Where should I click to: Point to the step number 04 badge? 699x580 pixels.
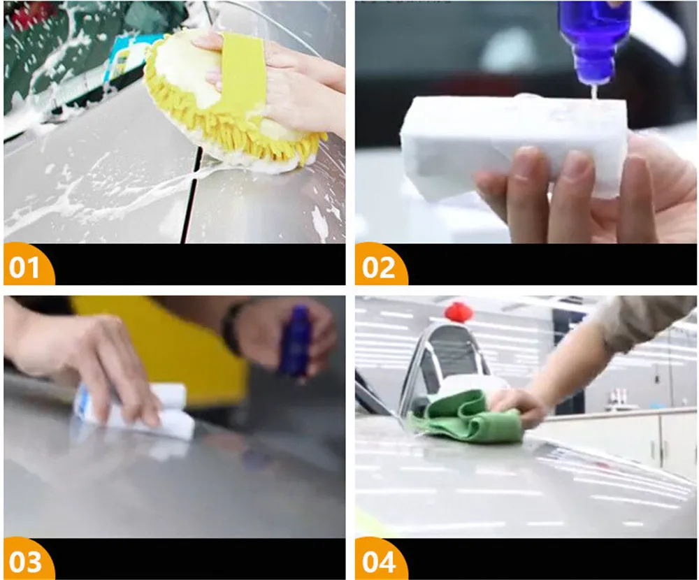click(380, 561)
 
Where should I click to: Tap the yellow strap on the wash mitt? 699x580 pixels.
click(240, 80)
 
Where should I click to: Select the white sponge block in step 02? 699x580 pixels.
click(512, 143)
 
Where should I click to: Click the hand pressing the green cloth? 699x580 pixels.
click(517, 407)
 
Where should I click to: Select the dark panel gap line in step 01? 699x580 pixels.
click(191, 196)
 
